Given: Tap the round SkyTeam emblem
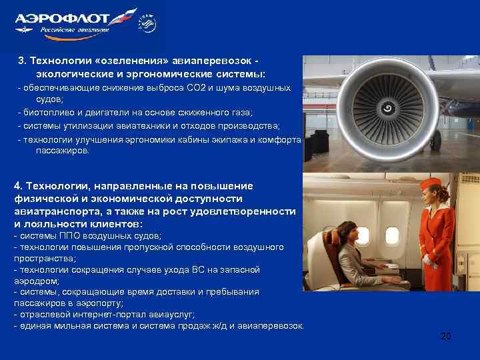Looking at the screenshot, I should [x=146, y=25].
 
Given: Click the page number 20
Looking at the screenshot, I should [x=445, y=336].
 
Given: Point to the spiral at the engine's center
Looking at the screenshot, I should [x=387, y=107].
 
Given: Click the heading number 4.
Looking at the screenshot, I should [x=17, y=185].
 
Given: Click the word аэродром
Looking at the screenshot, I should [x=34, y=281].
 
